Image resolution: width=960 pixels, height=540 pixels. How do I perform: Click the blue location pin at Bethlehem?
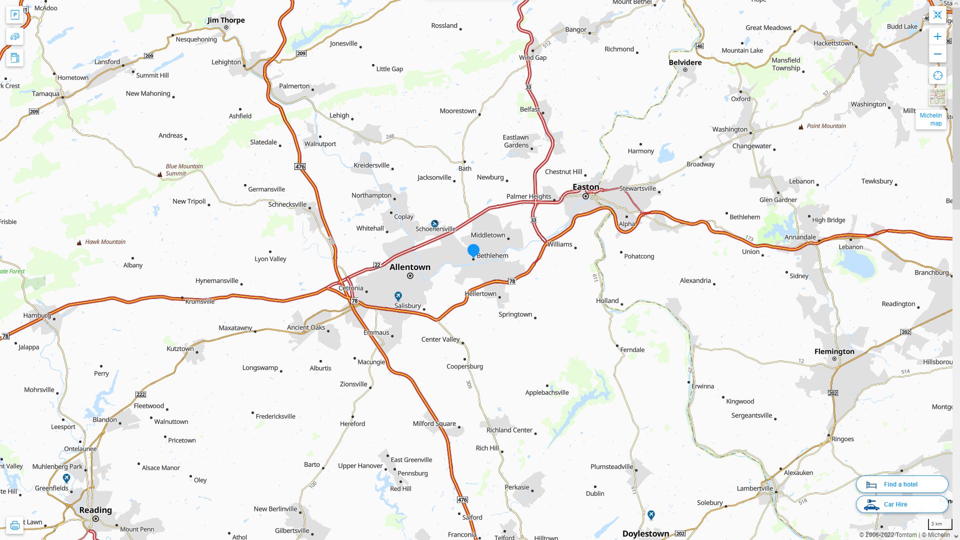pos(473,250)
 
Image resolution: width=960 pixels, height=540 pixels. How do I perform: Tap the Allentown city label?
pos(409,267)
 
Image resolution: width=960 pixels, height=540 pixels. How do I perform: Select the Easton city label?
pos(585,187)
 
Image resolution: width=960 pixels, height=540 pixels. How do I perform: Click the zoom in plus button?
pos(937,36)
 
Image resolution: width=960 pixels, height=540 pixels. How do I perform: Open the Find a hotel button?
pos(901,484)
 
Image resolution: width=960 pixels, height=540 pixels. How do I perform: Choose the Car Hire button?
pos(901,504)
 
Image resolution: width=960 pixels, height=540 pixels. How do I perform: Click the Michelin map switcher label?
pos(930,119)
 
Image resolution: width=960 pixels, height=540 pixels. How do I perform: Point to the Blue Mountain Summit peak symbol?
pos(160,174)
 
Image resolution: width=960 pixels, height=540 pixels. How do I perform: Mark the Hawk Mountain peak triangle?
pos(79,242)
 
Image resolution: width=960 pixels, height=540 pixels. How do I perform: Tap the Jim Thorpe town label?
pos(226,20)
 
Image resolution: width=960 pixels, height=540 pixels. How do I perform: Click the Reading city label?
pos(95,510)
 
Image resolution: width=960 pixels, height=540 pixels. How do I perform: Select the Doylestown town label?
pos(645,533)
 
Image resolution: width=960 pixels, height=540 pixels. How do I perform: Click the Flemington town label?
pos(834,351)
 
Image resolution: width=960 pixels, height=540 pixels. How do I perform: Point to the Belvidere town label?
pos(685,62)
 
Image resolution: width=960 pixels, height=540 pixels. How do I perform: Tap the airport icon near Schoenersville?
pos(434,223)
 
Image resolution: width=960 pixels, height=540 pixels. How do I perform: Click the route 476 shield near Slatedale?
pos(299,166)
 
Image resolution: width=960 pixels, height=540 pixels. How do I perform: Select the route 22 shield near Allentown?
pos(377,265)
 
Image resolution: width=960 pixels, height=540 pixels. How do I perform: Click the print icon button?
pos(14,525)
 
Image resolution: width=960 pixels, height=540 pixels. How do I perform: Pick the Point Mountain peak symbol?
pos(801,126)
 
